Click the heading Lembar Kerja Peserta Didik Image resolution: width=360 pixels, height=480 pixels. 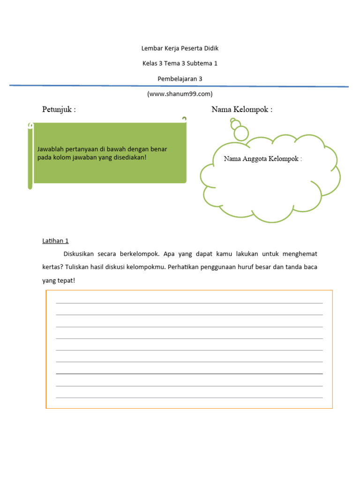point(180,48)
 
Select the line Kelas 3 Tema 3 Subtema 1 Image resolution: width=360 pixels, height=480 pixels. point(180,63)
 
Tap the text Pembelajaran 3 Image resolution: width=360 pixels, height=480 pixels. point(180,79)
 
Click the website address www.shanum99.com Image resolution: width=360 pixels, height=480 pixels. point(180,94)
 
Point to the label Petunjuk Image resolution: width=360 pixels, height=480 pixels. point(59,110)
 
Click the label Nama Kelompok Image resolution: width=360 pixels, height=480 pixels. point(241,110)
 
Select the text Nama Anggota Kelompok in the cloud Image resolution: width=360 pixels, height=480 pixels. point(262,159)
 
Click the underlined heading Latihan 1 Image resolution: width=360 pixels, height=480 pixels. point(55,241)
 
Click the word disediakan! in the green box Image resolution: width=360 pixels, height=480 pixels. point(129,157)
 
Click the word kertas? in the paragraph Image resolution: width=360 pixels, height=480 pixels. point(51,267)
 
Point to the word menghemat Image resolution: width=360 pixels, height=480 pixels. point(300,254)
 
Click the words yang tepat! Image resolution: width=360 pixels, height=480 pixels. point(59,281)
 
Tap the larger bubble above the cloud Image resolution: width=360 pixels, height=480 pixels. point(241,133)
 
